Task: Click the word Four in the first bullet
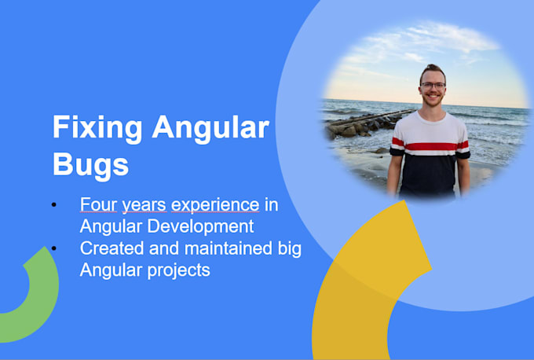(97, 204)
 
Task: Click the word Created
(111, 249)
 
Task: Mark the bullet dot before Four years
(54, 205)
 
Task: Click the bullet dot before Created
(54, 249)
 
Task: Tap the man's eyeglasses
(432, 85)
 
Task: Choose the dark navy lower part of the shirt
(430, 177)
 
